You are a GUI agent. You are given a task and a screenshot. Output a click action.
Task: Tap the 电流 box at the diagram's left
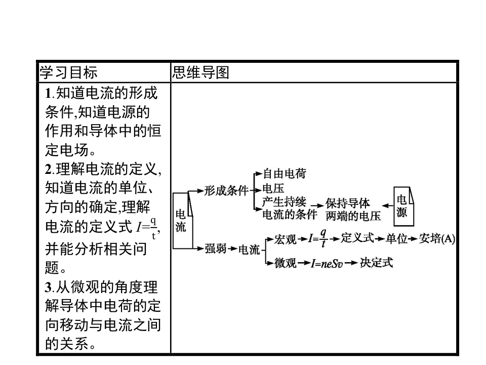point(180,221)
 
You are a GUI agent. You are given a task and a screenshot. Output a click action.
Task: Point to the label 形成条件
point(226,191)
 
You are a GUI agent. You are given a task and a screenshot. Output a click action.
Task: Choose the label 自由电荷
point(285,174)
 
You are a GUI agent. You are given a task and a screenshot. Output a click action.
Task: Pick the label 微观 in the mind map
point(285,263)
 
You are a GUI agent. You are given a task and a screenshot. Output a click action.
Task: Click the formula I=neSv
point(328,263)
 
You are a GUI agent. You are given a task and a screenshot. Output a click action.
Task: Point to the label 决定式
point(376,263)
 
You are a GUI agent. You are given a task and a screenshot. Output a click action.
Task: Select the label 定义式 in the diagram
point(357,238)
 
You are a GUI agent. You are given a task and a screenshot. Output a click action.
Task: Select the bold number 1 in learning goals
point(49,93)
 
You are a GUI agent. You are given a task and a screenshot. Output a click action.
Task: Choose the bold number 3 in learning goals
point(49,288)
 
